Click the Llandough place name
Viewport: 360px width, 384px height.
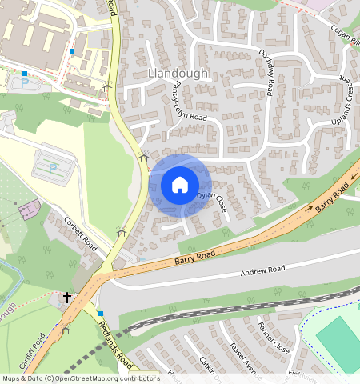[178, 73]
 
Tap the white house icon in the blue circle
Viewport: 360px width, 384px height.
[180, 185]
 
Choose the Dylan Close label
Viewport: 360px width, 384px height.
[211, 199]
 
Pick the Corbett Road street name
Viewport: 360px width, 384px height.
[80, 234]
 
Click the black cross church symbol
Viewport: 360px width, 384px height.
[67, 297]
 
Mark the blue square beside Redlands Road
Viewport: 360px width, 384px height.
[101, 313]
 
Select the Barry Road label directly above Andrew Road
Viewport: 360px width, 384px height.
[195, 258]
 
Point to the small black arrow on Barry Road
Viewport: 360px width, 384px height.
[307, 206]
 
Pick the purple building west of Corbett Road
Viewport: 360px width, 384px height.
[30, 210]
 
